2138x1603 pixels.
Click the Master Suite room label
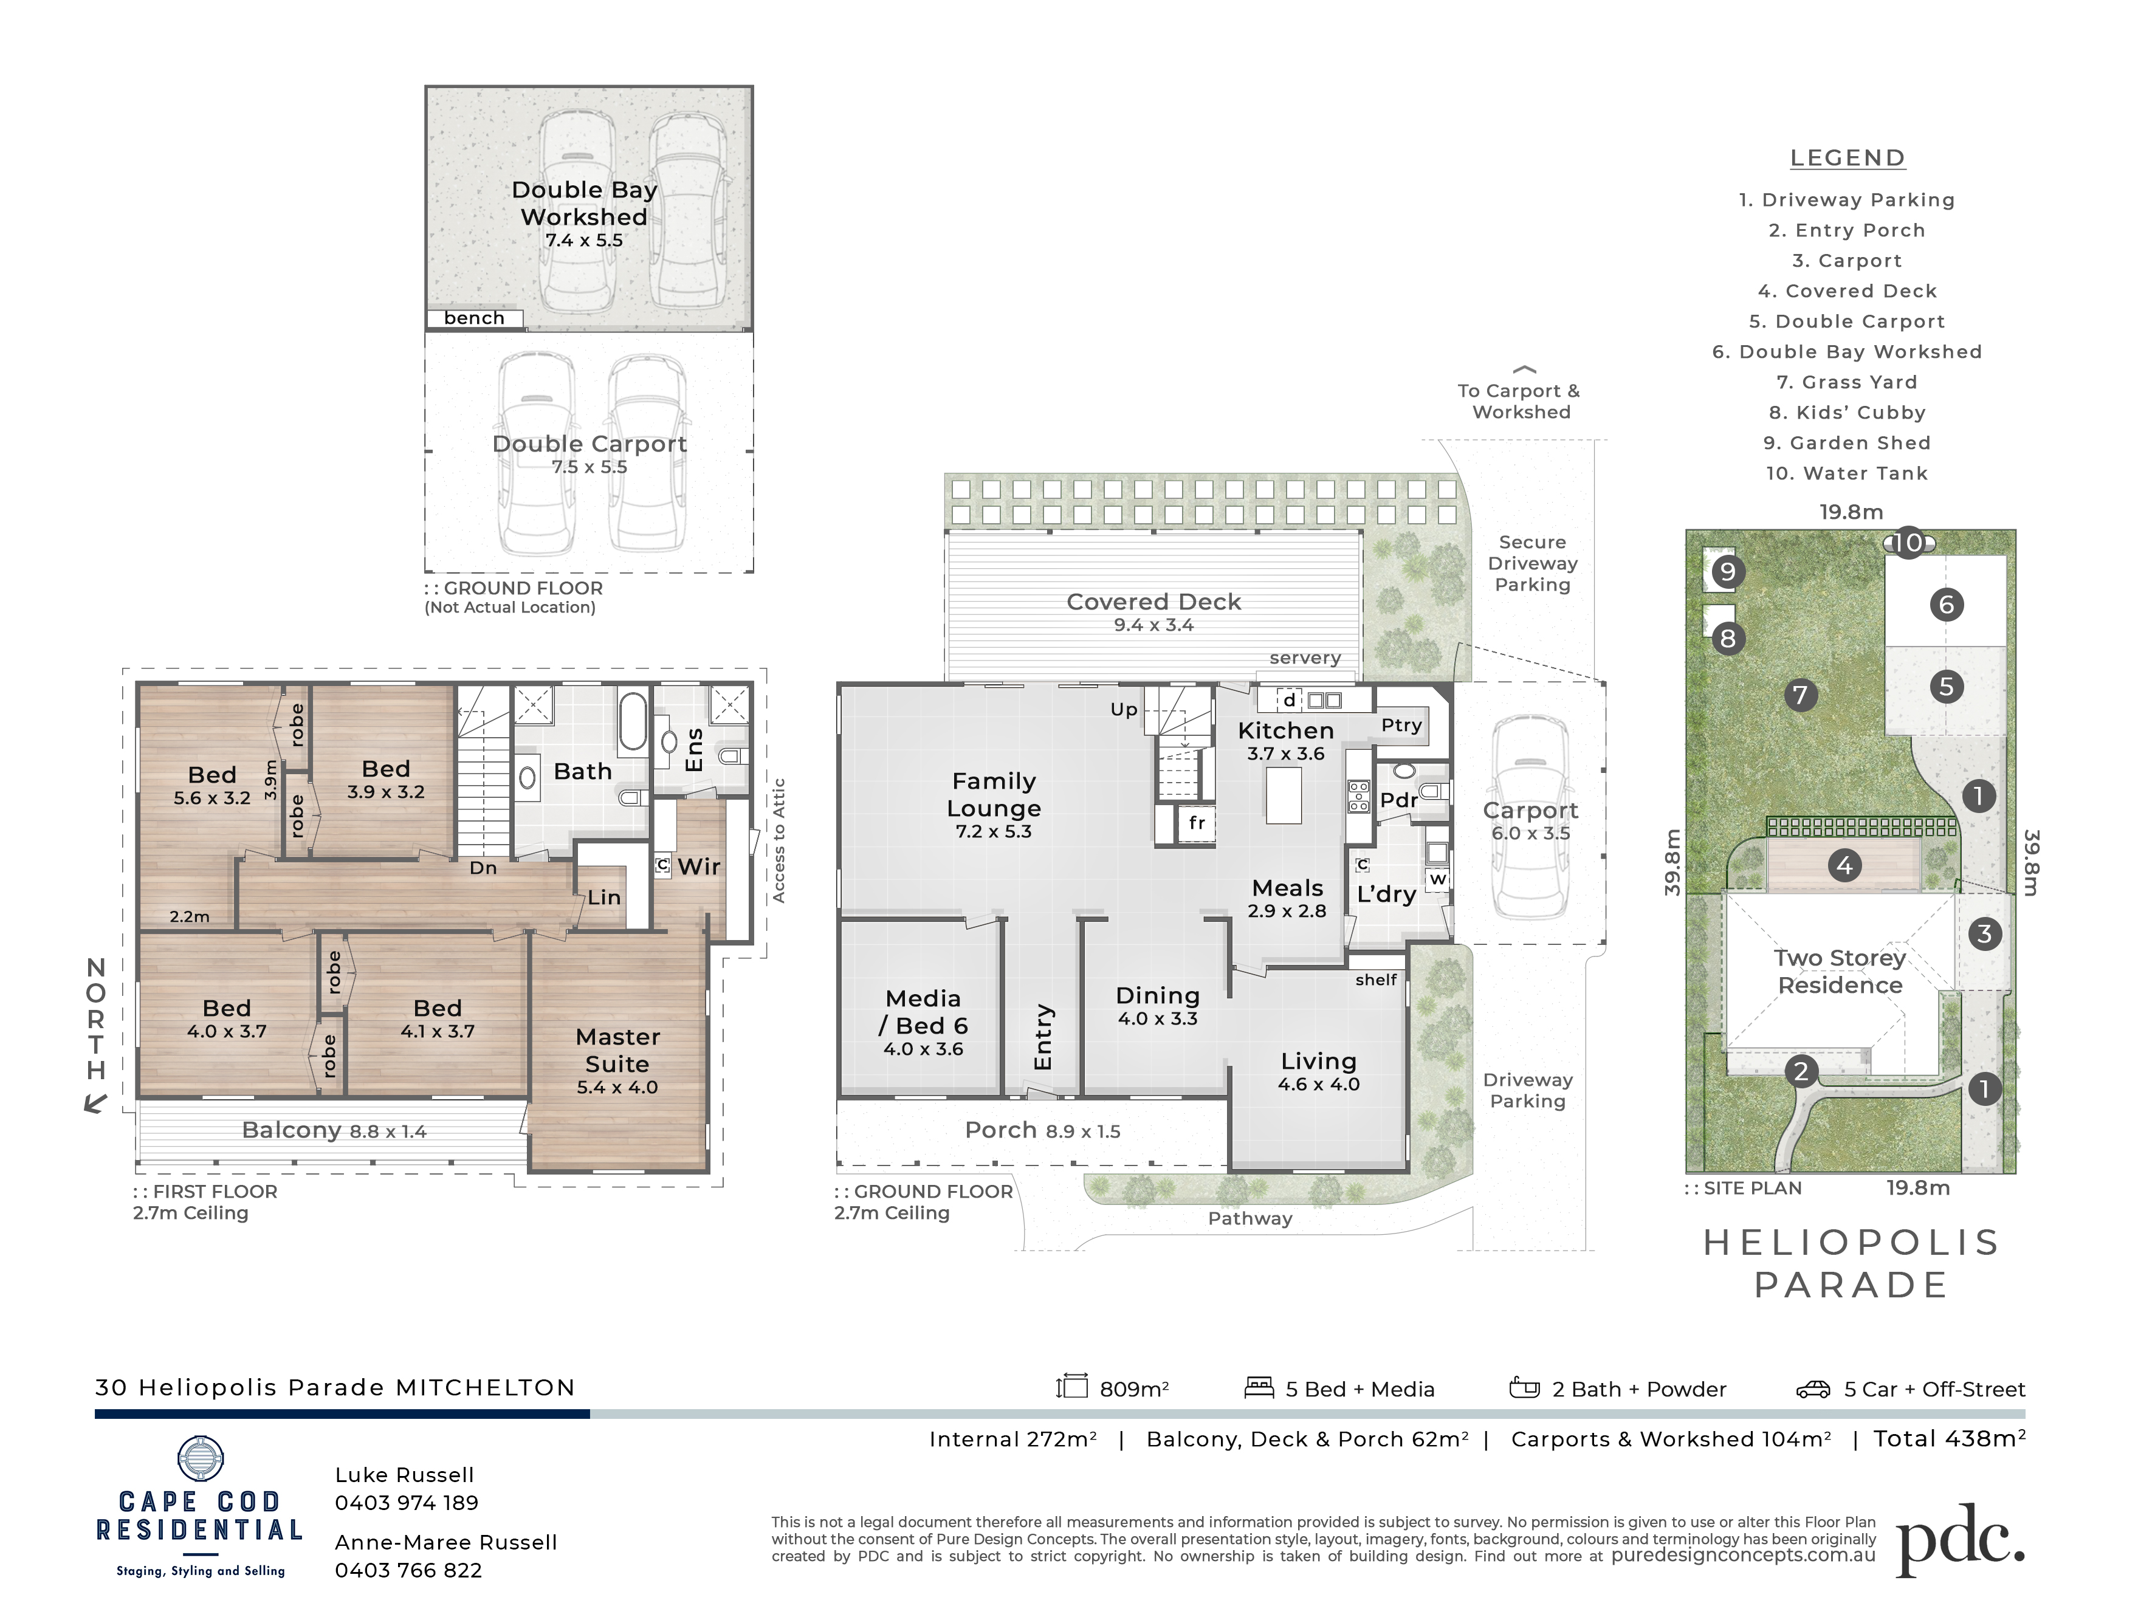point(617,1050)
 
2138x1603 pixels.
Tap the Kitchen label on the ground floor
point(1285,730)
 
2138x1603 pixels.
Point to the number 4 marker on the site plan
point(1844,865)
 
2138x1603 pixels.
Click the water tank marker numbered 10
point(1909,543)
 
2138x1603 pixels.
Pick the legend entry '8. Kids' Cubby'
point(1847,413)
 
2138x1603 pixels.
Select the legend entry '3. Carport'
point(1847,261)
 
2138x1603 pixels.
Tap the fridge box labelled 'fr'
point(1197,823)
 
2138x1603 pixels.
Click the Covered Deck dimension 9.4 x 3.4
point(1154,625)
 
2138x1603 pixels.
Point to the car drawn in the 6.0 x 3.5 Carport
point(1530,817)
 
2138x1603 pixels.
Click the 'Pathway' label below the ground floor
point(1249,1218)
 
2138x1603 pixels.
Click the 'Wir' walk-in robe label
point(699,866)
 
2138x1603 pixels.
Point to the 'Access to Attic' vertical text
point(779,840)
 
